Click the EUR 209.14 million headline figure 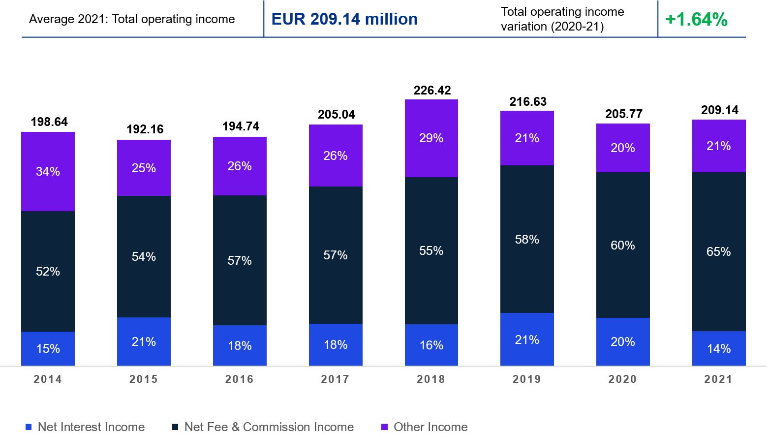[344, 19]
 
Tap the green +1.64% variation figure [696, 20]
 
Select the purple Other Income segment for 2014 [48, 171]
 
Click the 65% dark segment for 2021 [718, 251]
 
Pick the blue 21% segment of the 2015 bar [144, 342]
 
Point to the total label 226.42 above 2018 [432, 91]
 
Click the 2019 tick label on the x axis [526, 379]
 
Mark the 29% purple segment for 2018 [431, 138]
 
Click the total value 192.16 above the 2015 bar [145, 129]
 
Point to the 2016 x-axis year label [239, 379]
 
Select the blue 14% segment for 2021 [718, 348]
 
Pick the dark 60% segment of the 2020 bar [622, 245]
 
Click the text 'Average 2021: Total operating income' [132, 19]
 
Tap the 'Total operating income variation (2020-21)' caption [562, 19]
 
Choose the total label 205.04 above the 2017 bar [336, 115]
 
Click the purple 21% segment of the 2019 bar [527, 138]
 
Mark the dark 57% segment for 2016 [240, 260]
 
